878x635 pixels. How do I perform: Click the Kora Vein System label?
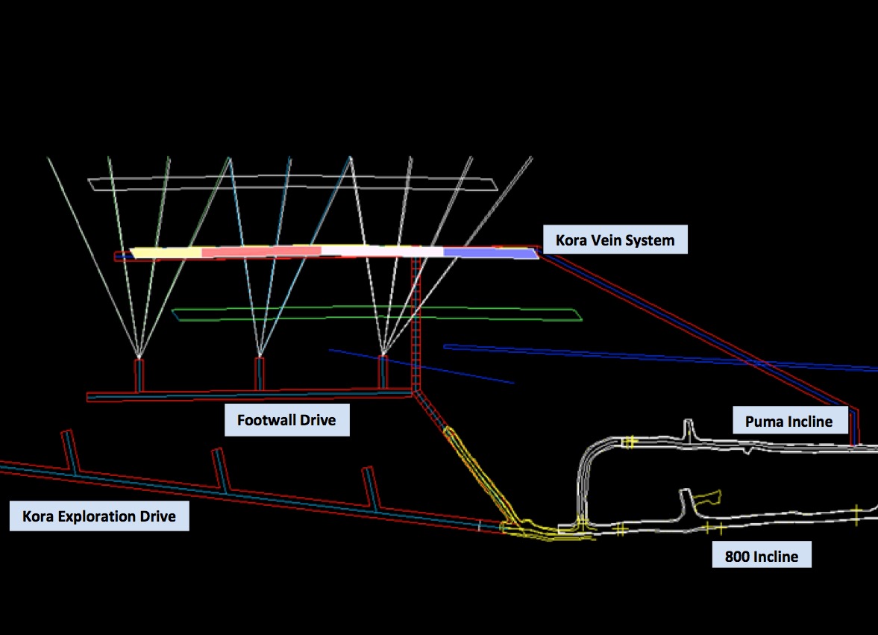coord(615,240)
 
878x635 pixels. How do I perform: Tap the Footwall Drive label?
coord(286,420)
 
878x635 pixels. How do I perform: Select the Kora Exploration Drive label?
coord(99,516)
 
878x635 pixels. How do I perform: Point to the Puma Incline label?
coord(788,422)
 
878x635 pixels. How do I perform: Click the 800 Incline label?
coord(761,557)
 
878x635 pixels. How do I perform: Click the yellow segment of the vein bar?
coord(166,253)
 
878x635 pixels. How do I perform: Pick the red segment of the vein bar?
coord(261,251)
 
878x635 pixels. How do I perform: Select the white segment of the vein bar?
coord(382,251)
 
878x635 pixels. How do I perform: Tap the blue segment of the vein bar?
coord(489,253)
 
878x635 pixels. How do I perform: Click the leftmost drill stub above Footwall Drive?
coord(138,375)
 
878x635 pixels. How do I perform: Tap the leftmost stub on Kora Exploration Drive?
coord(70,451)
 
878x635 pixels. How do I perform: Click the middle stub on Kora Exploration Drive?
coord(219,469)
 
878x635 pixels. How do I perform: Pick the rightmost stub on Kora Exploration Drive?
coord(369,487)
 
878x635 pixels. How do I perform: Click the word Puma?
coord(762,422)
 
